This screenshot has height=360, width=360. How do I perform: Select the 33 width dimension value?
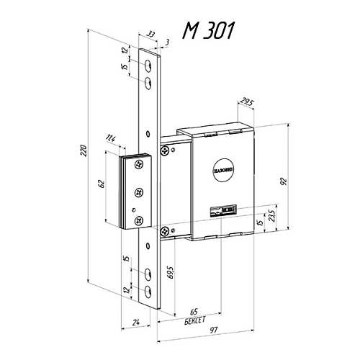pyautogui.click(x=150, y=34)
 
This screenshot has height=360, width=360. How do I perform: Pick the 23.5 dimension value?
pyautogui.click(x=271, y=217)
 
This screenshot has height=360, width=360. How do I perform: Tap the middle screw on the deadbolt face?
pyautogui.click(x=138, y=192)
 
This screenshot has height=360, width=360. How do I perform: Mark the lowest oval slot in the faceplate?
pyautogui.click(x=148, y=290)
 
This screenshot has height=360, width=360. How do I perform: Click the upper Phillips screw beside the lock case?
pyautogui.click(x=167, y=150)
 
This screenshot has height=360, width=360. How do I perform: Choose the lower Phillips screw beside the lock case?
pyautogui.click(x=166, y=230)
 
